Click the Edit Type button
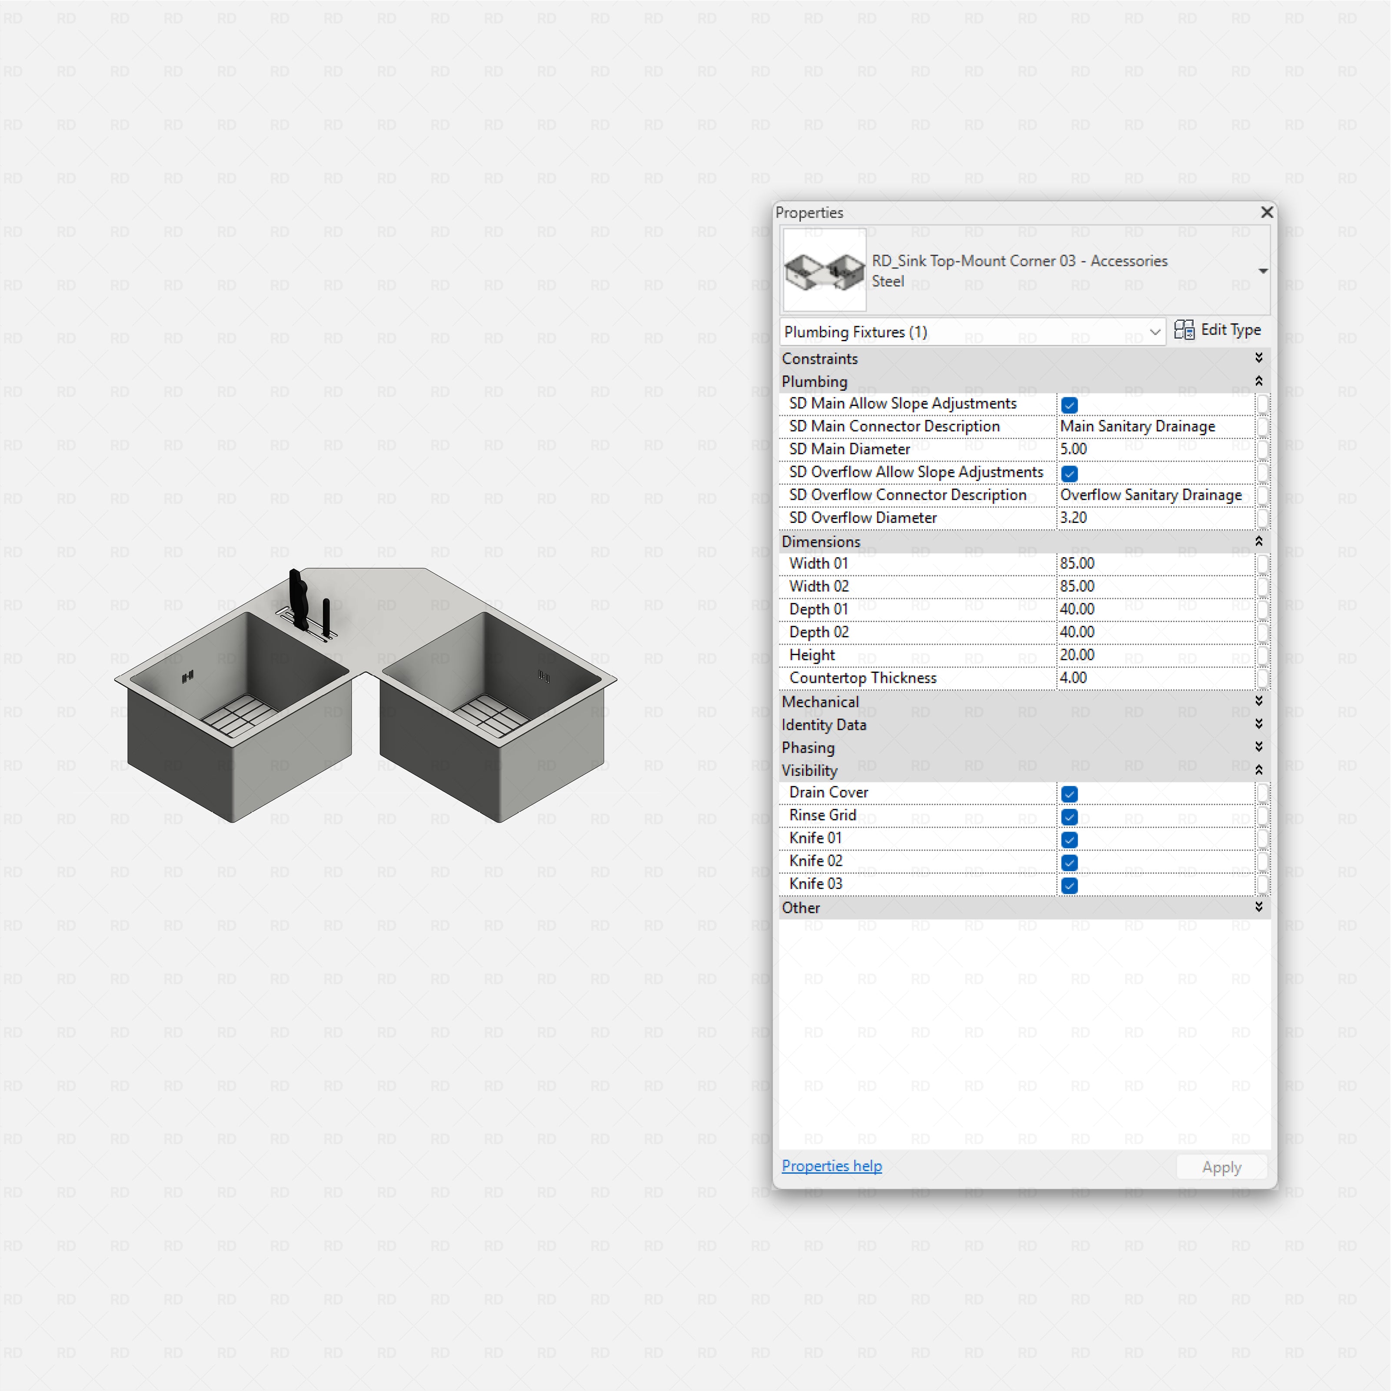[1218, 330]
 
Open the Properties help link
[832, 1166]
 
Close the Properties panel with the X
[1266, 213]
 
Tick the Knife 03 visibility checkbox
[1069, 885]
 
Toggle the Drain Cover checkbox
[1069, 794]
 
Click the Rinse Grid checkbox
[1069, 817]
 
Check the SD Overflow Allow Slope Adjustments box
[1069, 474]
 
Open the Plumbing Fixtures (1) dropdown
[972, 332]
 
